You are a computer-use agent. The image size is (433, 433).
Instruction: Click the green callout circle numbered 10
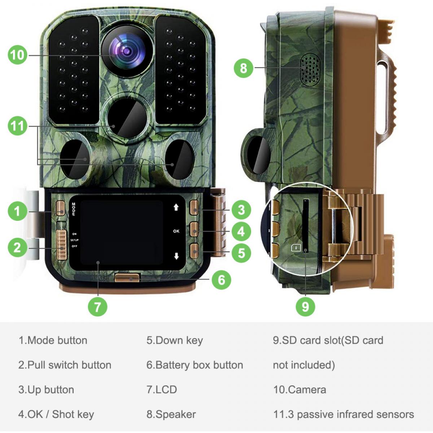click(x=17, y=55)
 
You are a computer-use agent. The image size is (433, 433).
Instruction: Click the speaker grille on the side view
click(x=310, y=70)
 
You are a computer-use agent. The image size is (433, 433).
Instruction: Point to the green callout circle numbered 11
click(x=17, y=126)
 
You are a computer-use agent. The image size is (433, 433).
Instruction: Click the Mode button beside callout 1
click(x=61, y=208)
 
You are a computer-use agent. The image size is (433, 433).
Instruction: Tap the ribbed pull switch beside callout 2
click(x=62, y=245)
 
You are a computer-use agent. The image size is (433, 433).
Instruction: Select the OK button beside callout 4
click(x=194, y=229)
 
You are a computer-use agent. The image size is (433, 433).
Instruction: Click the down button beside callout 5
click(x=194, y=250)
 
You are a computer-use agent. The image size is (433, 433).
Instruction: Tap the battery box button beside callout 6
click(x=127, y=277)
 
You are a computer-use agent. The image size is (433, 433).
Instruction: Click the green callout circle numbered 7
click(x=97, y=307)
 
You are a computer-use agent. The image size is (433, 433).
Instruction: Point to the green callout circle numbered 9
click(x=305, y=307)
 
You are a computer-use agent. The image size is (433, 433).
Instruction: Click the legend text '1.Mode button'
click(x=53, y=340)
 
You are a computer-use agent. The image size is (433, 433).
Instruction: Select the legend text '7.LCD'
click(x=162, y=390)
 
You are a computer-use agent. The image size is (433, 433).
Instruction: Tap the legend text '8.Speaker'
click(x=171, y=414)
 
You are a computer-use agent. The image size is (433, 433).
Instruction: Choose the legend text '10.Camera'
click(x=299, y=390)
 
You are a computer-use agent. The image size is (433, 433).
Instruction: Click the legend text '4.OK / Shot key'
click(x=56, y=414)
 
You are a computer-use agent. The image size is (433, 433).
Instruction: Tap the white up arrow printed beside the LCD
click(x=176, y=207)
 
